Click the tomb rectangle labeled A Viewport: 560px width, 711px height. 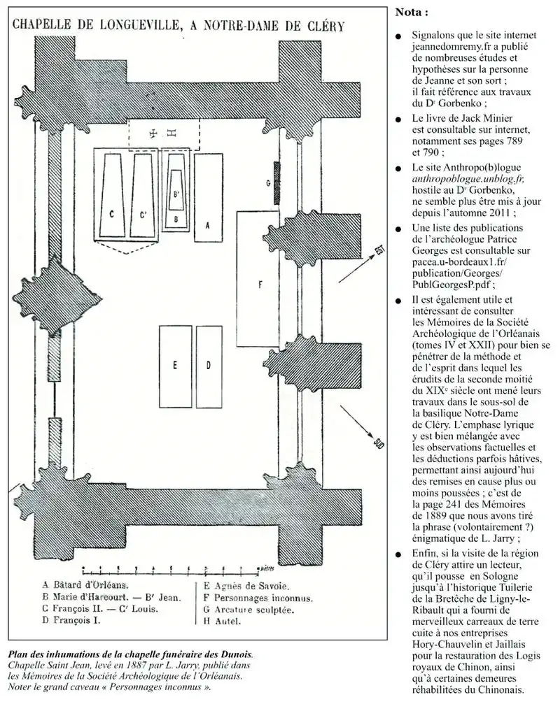click(x=206, y=199)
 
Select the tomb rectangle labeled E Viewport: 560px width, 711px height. click(x=176, y=366)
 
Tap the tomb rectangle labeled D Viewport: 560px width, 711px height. click(x=208, y=366)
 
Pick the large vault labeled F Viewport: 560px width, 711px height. click(x=259, y=280)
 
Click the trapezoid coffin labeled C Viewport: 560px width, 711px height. click(x=112, y=196)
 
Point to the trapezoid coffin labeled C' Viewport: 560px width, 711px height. click(x=142, y=196)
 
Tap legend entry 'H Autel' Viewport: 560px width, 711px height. click(x=222, y=622)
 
